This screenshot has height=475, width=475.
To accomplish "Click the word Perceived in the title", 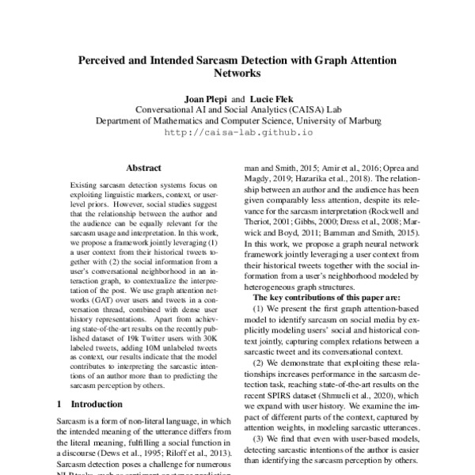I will (120, 61).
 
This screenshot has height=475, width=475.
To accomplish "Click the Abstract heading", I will (143, 168).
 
